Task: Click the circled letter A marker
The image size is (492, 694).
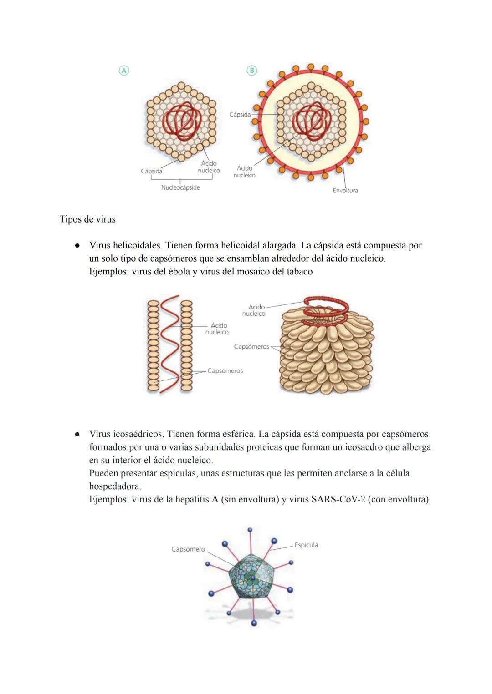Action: [124, 70]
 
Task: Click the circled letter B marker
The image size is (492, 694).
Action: [251, 70]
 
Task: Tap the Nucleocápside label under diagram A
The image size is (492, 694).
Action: [180, 187]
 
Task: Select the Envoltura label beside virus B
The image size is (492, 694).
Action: [345, 191]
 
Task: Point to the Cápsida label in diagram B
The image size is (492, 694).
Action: [240, 115]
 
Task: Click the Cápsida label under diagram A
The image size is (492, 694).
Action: [152, 171]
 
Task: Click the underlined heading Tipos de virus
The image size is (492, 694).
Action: [87, 219]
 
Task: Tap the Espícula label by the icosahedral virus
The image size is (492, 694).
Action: [306, 545]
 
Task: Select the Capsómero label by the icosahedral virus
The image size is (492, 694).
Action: [188, 549]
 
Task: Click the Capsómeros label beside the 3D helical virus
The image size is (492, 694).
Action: [251, 347]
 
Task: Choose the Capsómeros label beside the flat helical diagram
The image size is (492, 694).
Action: [225, 371]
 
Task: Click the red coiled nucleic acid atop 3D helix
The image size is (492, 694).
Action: [326, 306]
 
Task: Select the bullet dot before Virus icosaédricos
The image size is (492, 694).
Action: [78, 434]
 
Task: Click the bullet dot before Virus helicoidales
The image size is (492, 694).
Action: [78, 246]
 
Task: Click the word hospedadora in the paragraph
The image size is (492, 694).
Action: [115, 486]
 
